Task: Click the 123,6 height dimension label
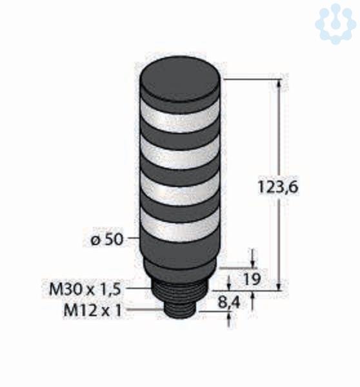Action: tap(278, 186)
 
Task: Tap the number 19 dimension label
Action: tap(252, 279)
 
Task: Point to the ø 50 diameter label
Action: tap(106, 239)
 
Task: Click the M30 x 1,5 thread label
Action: tap(85, 289)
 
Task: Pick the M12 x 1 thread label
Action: tap(93, 310)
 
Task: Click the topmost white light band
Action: tap(181, 117)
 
